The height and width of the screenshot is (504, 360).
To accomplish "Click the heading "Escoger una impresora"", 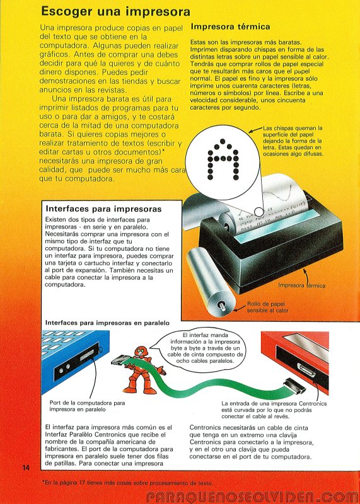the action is coord(115,11).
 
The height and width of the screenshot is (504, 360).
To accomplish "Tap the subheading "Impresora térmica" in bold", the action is coord(230,26).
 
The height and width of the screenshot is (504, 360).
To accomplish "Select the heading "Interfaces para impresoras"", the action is coord(103,209).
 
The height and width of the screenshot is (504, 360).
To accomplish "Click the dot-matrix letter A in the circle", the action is coord(223,159).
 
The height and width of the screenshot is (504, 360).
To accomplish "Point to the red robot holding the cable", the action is coord(144,370).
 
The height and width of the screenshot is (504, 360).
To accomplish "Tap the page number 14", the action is coord(26,467).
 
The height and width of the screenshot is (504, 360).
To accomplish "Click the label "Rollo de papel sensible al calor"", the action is coord(268,307).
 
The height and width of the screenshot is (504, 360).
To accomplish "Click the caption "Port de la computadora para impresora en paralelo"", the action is coord(87,406).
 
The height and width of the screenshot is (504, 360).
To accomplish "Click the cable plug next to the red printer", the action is coord(294,387).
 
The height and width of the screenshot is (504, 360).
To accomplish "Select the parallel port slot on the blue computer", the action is coord(87,355).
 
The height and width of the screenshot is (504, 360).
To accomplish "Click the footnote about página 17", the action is coord(127,483).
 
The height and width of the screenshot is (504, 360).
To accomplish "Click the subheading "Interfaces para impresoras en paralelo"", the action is coord(107,323).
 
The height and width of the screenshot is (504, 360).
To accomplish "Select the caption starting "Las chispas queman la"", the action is coord(293,141).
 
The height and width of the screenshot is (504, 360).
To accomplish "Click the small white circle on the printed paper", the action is coord(258,211).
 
